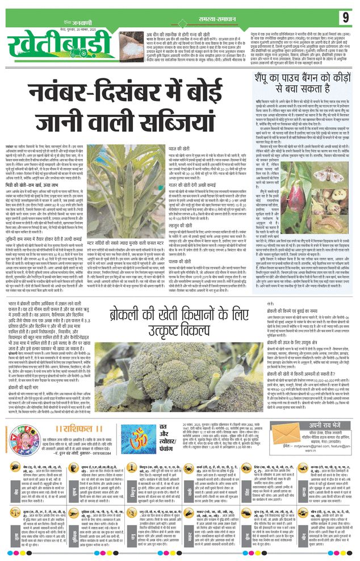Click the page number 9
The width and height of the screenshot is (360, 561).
[x=345, y=18]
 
